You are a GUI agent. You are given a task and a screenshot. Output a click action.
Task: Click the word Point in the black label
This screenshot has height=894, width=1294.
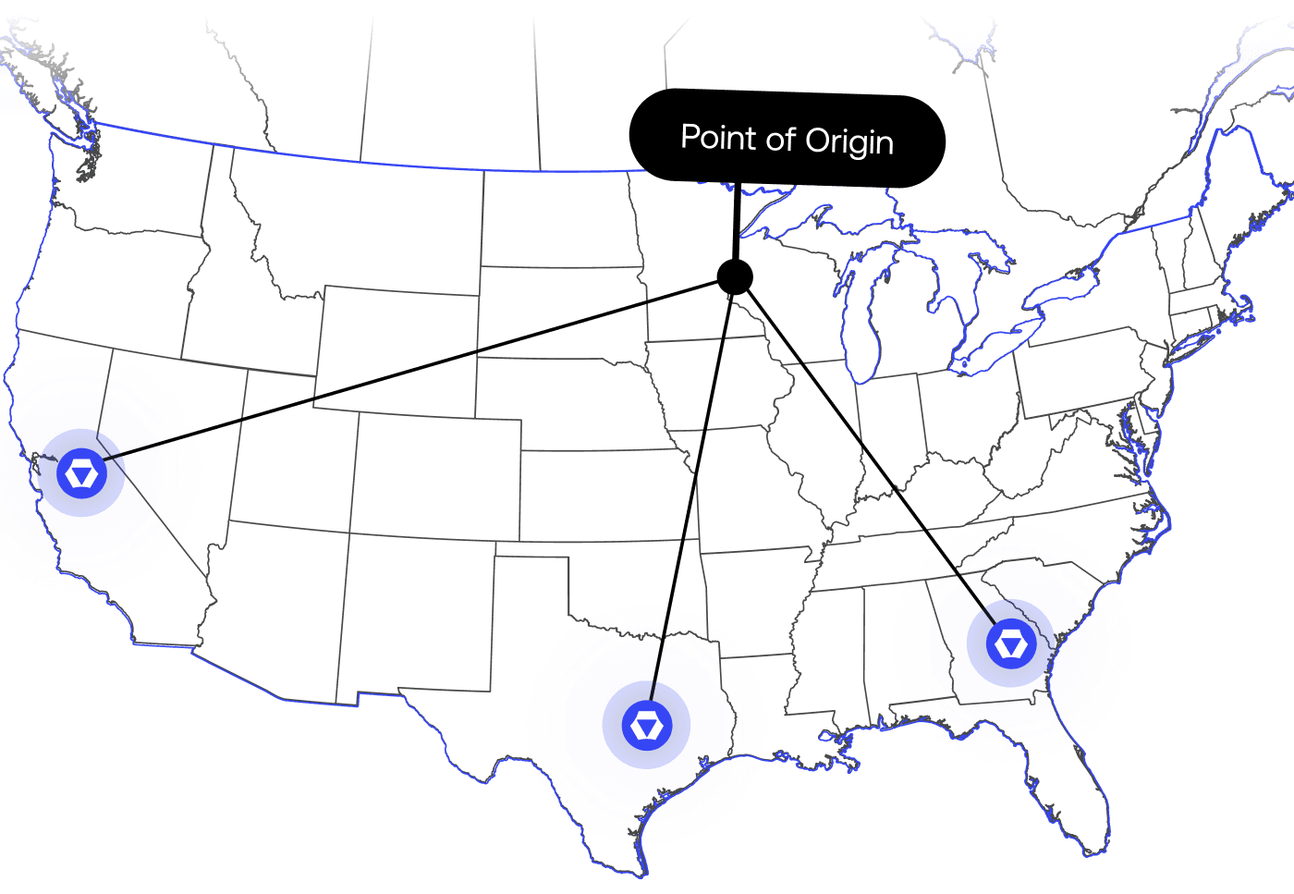click(718, 138)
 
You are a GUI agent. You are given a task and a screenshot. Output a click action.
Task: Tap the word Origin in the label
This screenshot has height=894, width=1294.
click(849, 141)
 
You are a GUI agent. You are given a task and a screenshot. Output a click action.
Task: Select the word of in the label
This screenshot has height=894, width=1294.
click(780, 139)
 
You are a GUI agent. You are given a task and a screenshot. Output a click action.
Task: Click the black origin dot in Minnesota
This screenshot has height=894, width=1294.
click(735, 276)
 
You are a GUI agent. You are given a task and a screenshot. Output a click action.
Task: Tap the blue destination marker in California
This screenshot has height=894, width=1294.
click(82, 473)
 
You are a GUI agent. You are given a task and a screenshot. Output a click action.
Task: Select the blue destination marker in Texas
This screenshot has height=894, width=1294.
click(646, 725)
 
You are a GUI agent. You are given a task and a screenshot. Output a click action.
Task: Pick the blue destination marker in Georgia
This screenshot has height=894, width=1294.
click(1010, 643)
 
